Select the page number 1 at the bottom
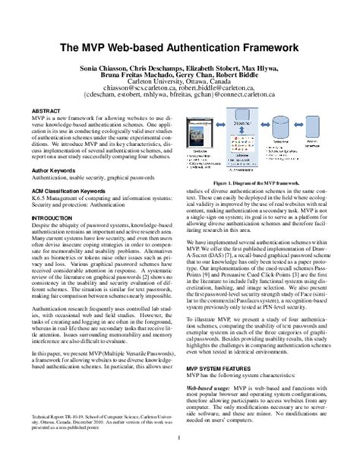[x=180, y=458]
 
